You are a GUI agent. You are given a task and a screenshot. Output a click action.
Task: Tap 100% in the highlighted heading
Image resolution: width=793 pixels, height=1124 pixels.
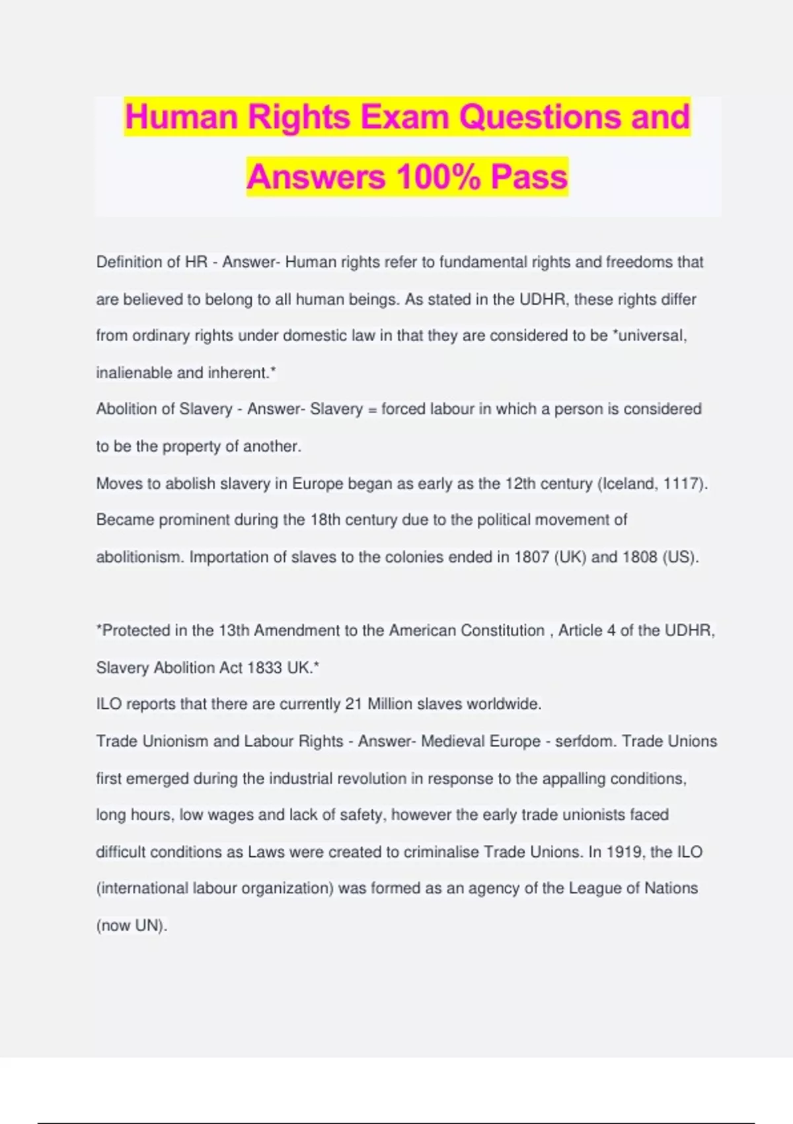(437, 177)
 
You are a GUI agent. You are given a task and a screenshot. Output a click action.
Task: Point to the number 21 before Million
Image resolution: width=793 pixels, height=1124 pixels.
(354, 704)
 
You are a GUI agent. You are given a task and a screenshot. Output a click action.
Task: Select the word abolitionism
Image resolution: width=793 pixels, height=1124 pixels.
(139, 557)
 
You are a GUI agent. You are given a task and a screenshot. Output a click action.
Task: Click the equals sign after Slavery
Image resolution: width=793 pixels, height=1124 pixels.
(372, 410)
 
